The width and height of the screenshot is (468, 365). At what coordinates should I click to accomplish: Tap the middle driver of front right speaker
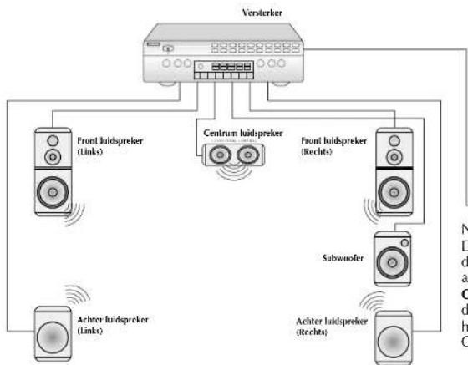tap(395, 156)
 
